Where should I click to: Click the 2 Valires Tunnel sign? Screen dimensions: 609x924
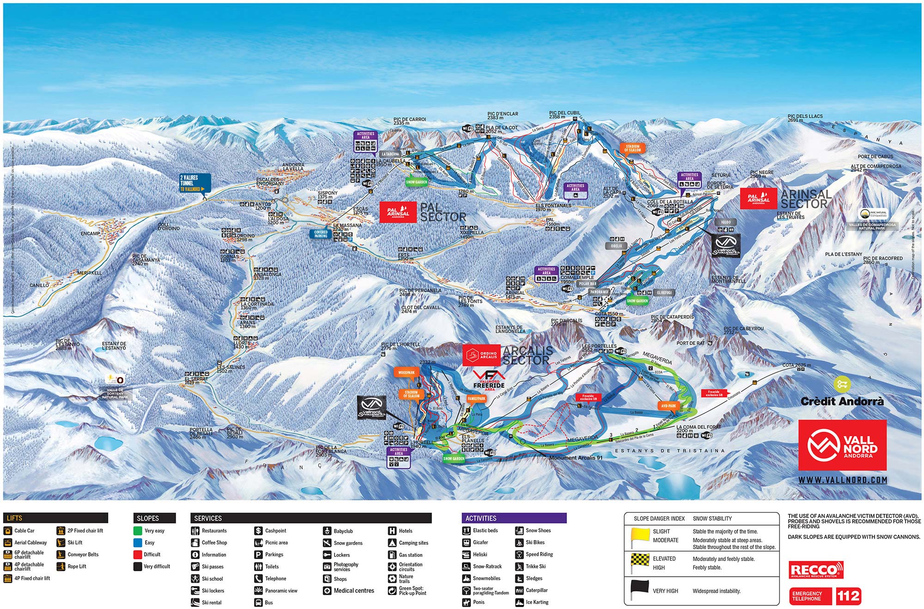coord(195,183)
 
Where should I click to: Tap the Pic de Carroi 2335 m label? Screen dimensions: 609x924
coord(409,121)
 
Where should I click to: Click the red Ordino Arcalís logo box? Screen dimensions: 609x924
coord(482,355)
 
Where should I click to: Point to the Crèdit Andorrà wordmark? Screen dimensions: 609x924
coord(842,402)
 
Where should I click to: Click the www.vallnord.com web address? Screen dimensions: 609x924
coord(843,480)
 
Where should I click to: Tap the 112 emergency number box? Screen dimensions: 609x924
coord(848,596)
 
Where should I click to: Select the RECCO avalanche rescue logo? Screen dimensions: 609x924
coord(816,570)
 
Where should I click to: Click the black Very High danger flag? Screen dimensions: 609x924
coord(640,589)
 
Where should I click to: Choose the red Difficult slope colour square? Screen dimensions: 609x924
coord(138,554)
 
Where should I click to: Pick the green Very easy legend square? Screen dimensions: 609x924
coord(138,530)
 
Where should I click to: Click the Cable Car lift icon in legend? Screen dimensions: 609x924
coord(7,530)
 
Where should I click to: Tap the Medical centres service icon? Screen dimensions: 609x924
coord(327,591)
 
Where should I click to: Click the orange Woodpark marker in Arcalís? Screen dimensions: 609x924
coord(407,372)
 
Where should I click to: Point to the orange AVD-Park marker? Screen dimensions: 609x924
coord(668,406)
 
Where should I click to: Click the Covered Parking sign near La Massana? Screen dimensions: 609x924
coord(321,234)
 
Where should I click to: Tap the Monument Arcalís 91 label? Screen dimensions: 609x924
coord(576,457)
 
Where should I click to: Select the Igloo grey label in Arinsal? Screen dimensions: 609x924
coord(726,222)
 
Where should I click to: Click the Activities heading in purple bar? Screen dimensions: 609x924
coord(481,518)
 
